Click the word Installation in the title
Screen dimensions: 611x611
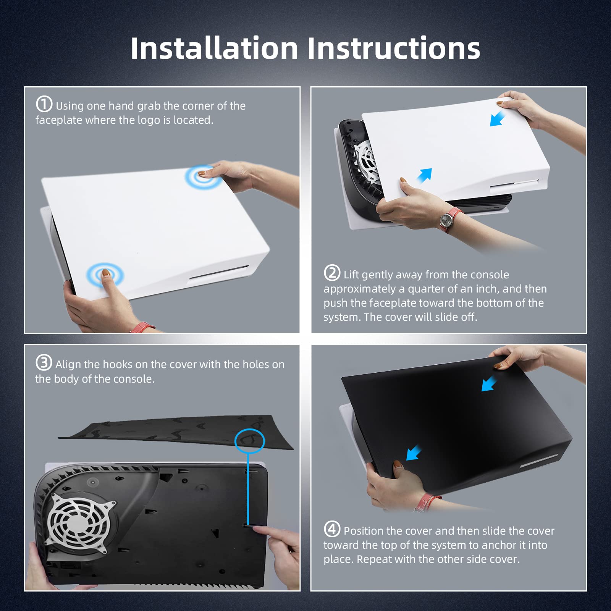tap(214, 48)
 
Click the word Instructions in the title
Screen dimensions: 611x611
tap(394, 48)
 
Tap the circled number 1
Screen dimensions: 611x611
tap(44, 104)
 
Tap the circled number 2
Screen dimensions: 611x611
tap(332, 273)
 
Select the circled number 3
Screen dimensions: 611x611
tap(44, 363)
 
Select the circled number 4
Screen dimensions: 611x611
tap(332, 529)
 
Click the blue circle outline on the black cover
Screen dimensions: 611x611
tap(249, 441)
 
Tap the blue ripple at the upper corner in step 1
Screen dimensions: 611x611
tap(203, 177)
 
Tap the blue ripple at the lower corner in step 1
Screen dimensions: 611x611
tap(105, 275)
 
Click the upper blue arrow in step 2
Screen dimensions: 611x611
tap(498, 118)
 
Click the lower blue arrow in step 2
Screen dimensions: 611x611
tap(424, 176)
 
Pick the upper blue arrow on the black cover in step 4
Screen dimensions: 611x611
tap(489, 383)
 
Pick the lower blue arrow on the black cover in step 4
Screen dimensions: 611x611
tap(414, 453)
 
